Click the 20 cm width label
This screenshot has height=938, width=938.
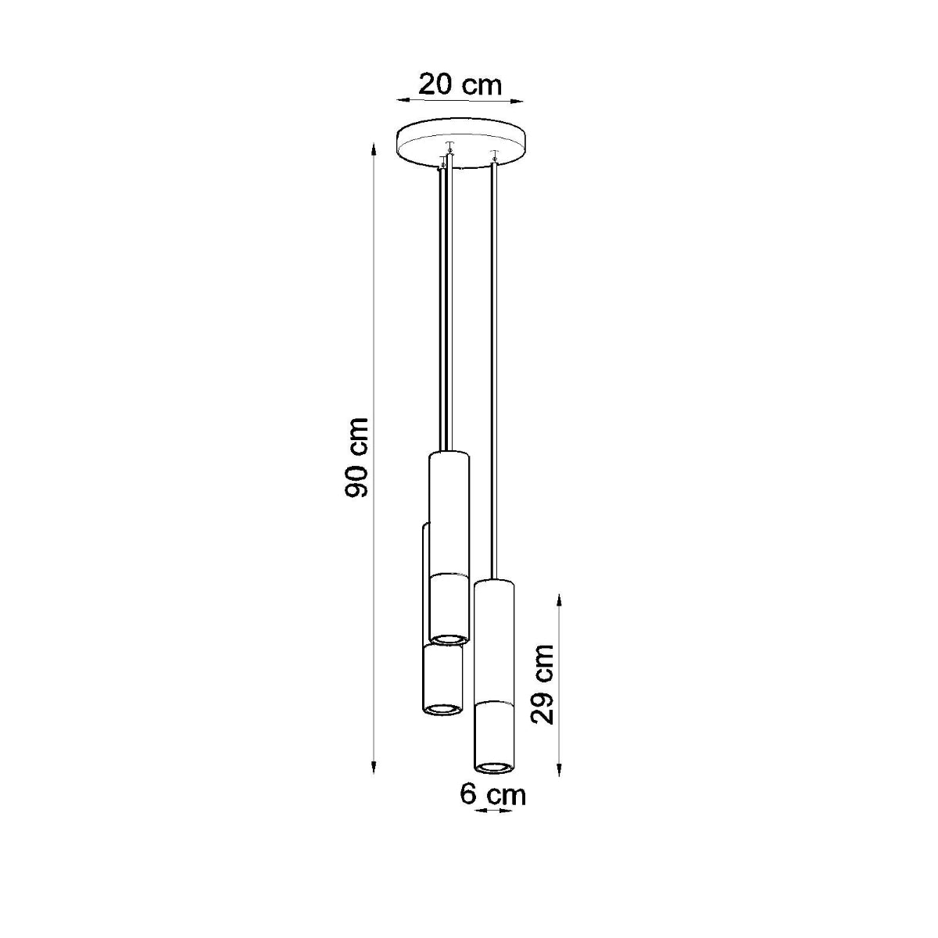click(460, 84)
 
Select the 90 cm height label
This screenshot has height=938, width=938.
click(358, 457)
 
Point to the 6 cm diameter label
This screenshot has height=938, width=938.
click(492, 794)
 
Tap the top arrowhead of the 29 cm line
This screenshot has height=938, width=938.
click(559, 599)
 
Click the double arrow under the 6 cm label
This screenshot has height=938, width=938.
click(492, 811)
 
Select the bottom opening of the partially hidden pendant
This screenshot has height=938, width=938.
click(442, 708)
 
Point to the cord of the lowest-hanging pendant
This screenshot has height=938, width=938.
click(493, 367)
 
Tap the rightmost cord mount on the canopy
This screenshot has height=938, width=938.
click(492, 154)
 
